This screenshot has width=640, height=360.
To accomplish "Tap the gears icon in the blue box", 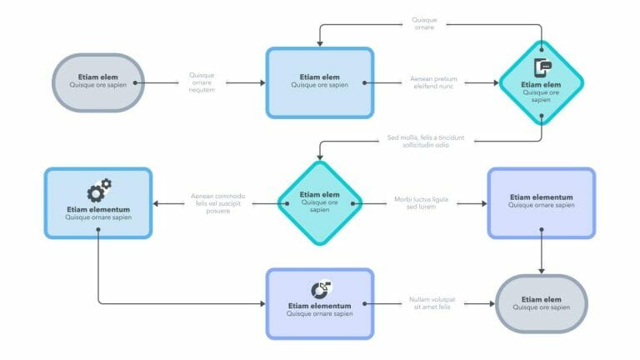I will coord(99,191).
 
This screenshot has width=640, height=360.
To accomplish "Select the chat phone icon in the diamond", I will coord(542,69).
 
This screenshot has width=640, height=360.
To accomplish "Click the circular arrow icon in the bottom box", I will coord(320,289).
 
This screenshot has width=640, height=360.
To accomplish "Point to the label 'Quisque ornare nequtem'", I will coord(202,82).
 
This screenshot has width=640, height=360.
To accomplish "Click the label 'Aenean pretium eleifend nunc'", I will coord(433,82).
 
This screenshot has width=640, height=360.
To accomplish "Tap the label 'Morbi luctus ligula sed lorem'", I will coord(421,202).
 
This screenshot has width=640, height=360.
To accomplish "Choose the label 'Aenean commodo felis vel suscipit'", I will coord(218,202).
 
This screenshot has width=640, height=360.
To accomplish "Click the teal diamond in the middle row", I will coord(319,202).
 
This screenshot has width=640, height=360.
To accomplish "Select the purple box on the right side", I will coord(542,202).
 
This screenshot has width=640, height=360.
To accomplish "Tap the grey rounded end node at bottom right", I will coord(542,303).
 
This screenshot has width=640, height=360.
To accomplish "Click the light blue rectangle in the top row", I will coord(319,82).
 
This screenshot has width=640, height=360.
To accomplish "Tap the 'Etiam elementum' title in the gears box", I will coord(98,210).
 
